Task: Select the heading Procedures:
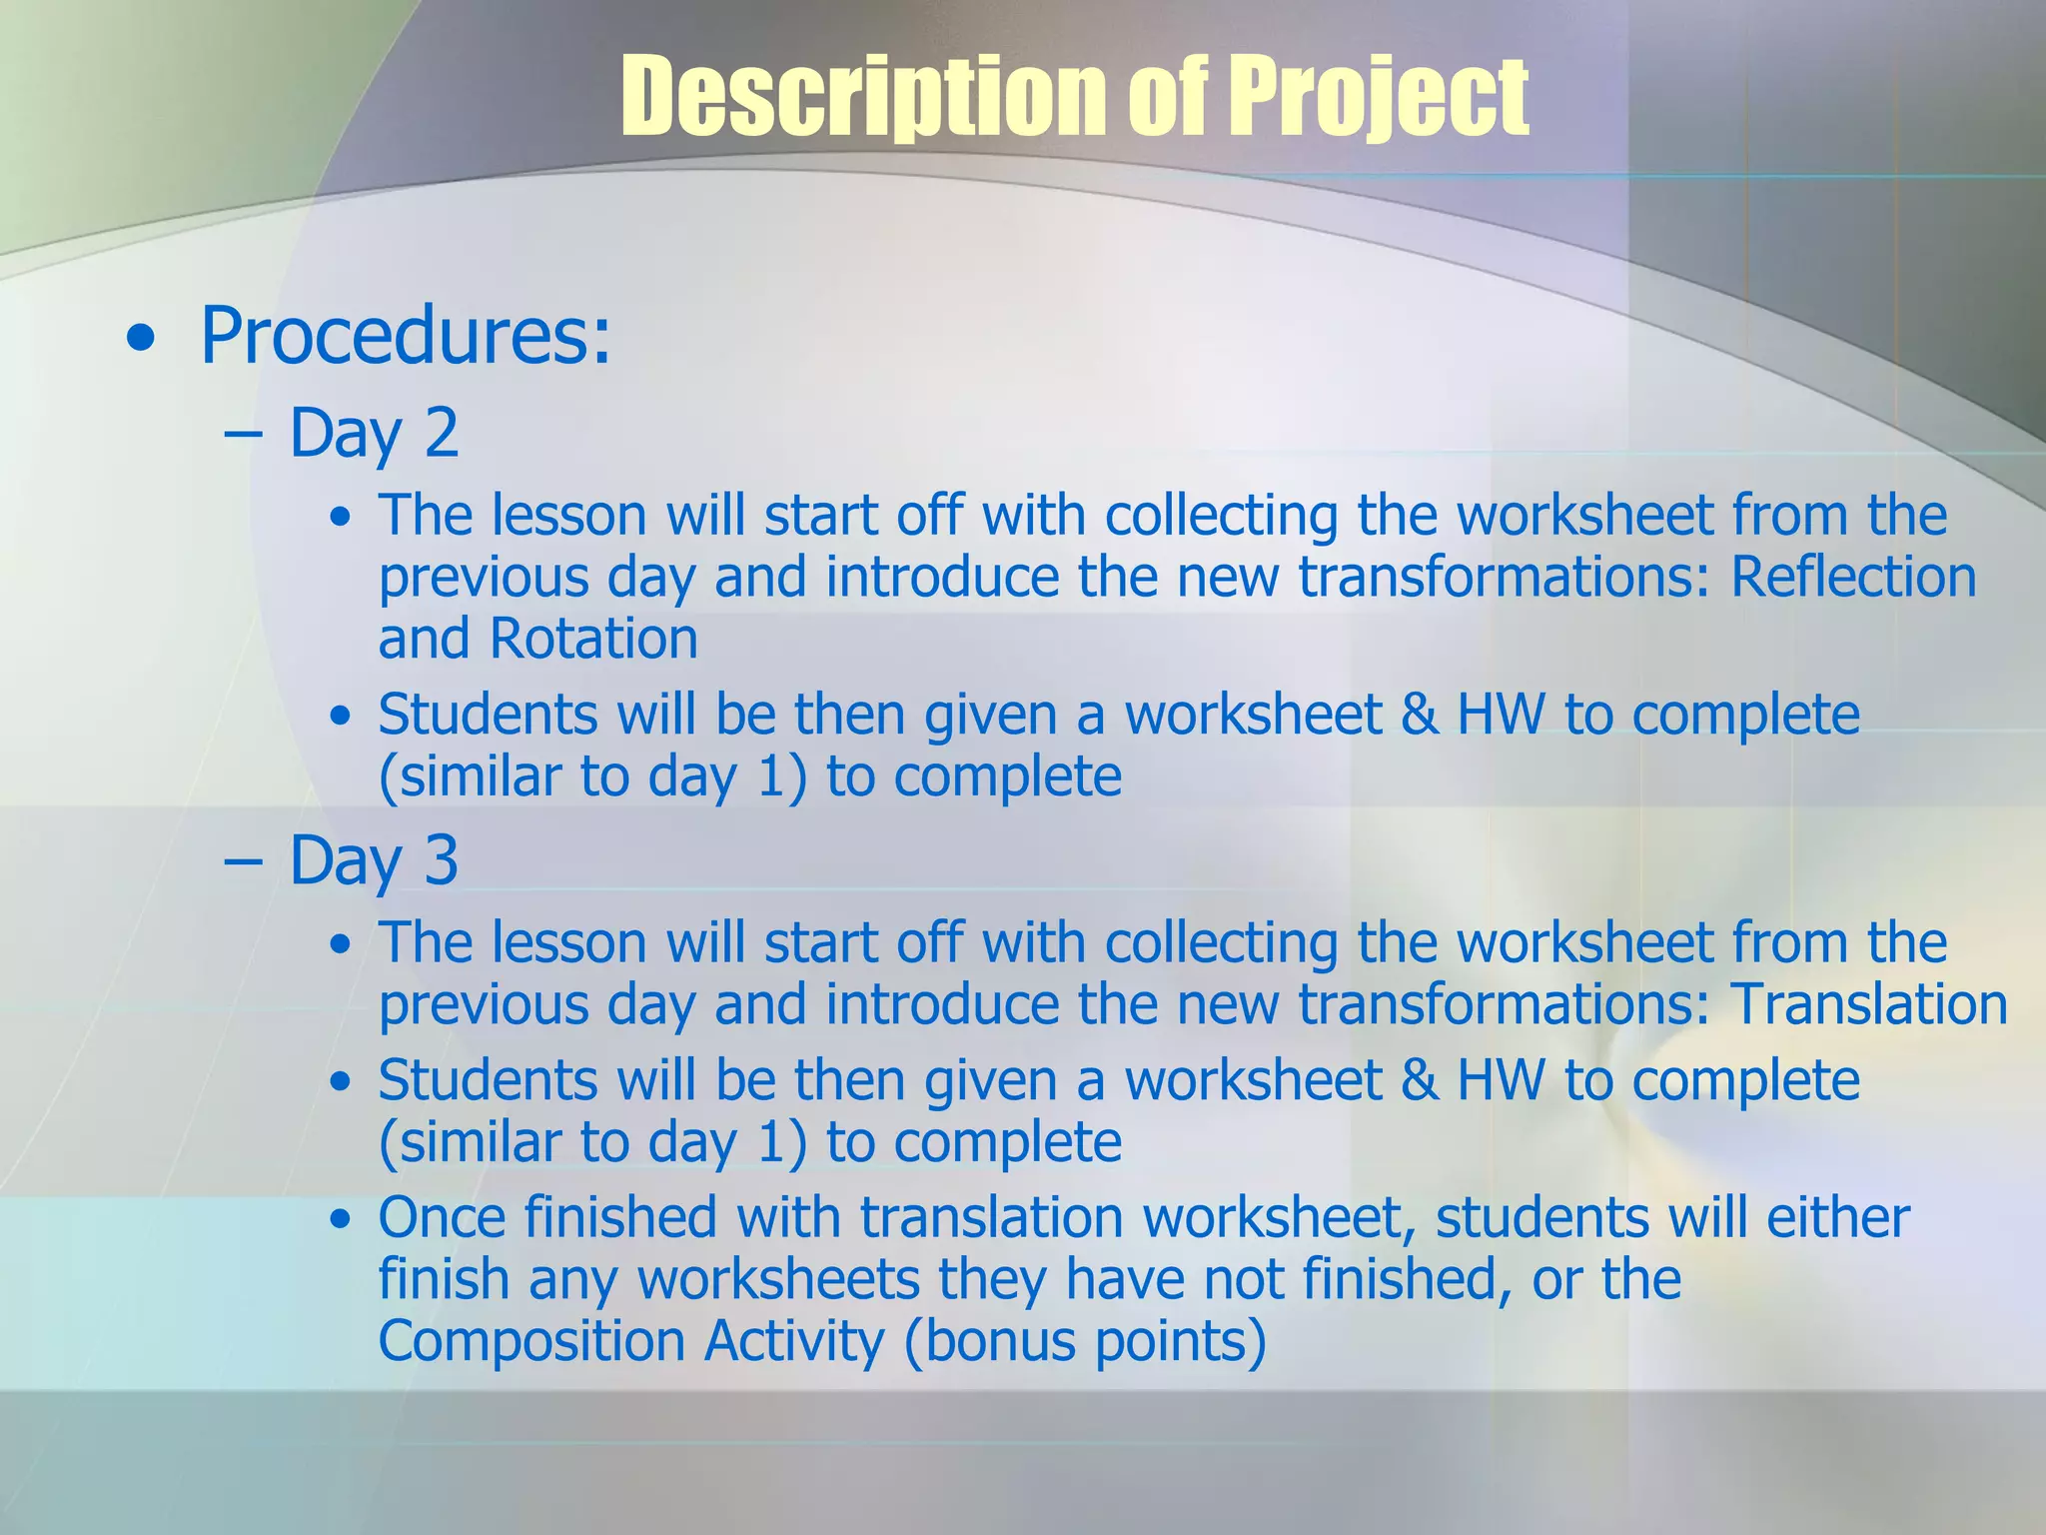coord(405,336)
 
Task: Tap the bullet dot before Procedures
coord(142,340)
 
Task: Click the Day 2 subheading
coord(374,433)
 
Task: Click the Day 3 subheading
coord(374,860)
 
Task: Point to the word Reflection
coord(1853,577)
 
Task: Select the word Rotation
coord(593,639)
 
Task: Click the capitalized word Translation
coord(1869,1003)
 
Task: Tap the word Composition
coord(530,1340)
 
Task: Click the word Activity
coord(794,1340)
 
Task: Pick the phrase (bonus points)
coord(1085,1340)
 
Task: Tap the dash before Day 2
coord(243,434)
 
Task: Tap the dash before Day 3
coord(243,861)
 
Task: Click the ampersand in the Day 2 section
coord(1419,715)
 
